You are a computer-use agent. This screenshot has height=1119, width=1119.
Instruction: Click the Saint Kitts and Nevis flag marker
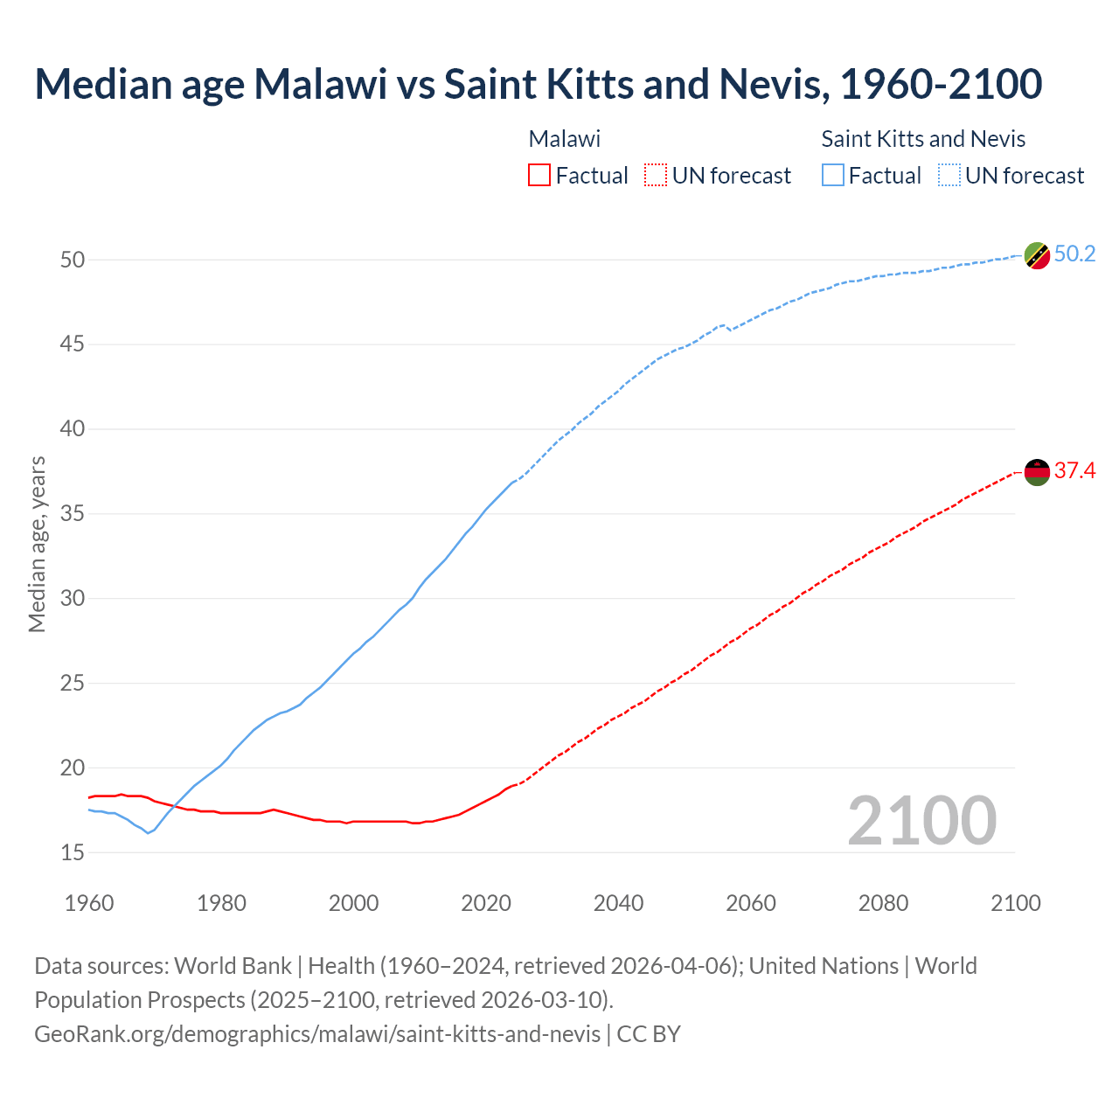coord(1037,255)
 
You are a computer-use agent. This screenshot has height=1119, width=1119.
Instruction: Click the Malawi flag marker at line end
coord(1037,472)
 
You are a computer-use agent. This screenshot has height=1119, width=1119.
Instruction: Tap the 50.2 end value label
coord(1074,254)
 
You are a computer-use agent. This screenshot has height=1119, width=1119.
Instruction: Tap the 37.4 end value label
coord(1074,471)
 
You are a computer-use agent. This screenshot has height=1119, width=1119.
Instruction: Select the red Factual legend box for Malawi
coord(539,176)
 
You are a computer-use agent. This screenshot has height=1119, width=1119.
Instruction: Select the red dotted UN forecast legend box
coord(656,176)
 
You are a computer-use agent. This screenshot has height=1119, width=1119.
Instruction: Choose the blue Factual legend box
coord(833,176)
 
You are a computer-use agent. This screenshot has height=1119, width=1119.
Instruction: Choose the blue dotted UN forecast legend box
coord(949,176)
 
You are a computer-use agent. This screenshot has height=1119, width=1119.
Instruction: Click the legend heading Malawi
coord(565,139)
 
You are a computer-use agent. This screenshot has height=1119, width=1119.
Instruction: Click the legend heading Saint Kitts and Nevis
coord(923,139)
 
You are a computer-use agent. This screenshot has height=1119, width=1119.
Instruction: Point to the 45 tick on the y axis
coord(73,344)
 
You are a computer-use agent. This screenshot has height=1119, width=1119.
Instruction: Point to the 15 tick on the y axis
coord(73,852)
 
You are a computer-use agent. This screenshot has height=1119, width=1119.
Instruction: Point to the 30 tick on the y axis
coord(73,599)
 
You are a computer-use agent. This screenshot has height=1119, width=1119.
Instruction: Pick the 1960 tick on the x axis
coord(89,903)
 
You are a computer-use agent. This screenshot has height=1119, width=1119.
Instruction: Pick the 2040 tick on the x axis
coord(618,903)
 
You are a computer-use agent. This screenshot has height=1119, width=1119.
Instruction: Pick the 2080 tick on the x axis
coord(883,903)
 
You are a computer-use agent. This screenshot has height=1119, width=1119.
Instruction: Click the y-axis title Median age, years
coord(37,544)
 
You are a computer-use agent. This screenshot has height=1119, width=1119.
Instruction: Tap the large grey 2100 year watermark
coord(921,821)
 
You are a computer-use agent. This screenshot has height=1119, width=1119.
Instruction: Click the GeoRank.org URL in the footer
coord(317,1034)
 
